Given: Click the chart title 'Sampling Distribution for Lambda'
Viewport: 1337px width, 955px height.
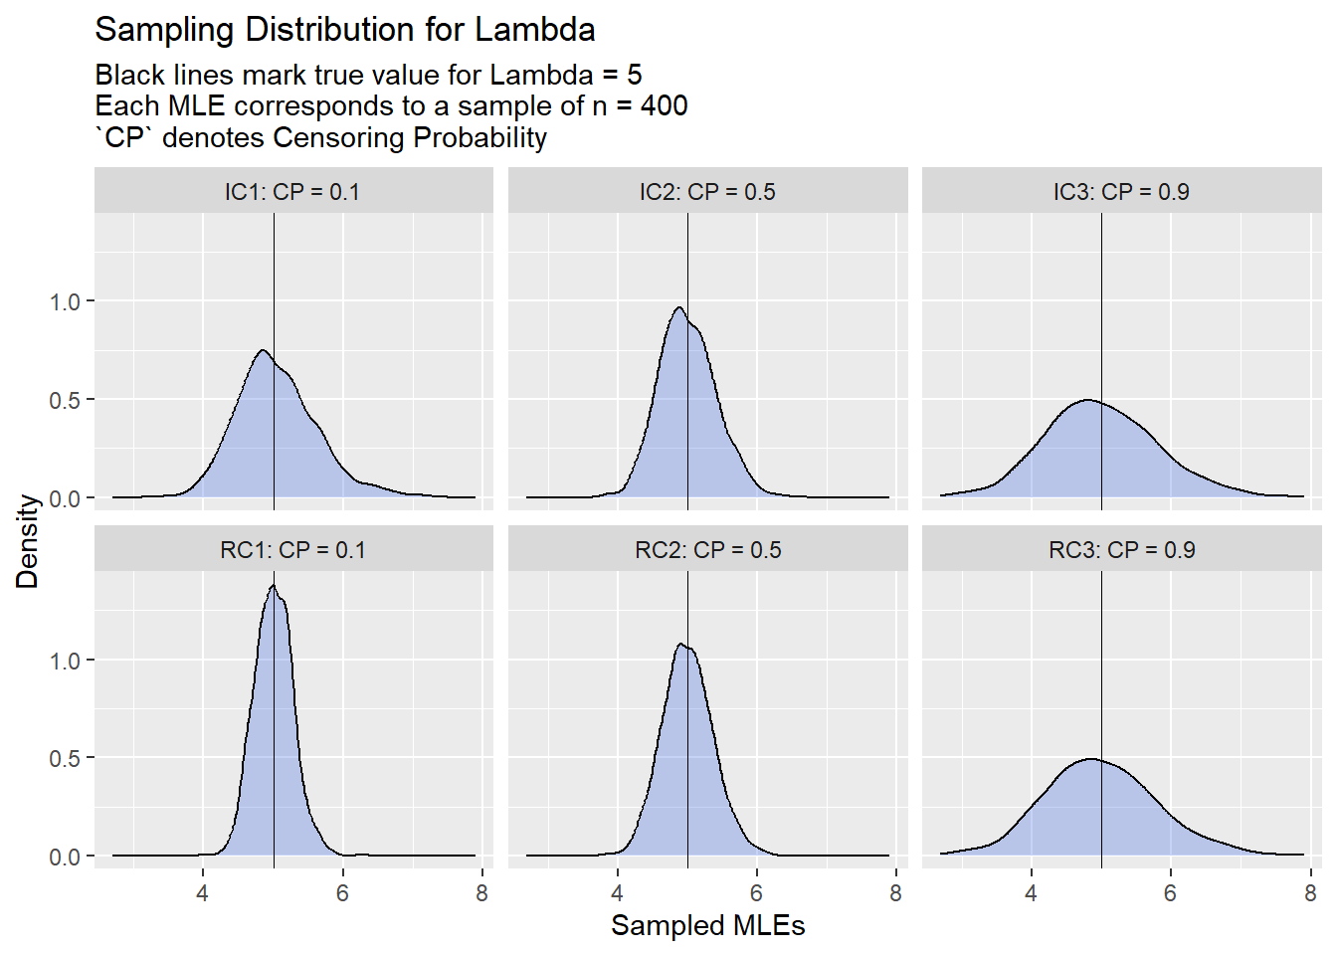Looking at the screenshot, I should pos(344,30).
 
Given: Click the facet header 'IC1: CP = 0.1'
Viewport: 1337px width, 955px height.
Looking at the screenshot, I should pos(292,192).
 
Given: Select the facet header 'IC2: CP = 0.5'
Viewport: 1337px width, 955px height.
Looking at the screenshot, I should pos(707,192).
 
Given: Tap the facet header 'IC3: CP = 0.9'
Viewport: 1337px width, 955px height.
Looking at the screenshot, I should pos(1121,192).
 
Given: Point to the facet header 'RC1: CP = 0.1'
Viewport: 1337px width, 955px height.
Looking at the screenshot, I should pos(292,550).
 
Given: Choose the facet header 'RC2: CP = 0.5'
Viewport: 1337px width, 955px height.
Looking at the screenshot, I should pos(707,550).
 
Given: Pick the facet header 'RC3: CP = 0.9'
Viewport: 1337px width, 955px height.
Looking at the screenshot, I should pos(1121,550).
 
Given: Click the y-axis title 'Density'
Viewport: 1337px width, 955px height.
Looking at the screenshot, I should pos(27,541).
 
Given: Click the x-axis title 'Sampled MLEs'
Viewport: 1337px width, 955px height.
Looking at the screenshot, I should pos(707,925).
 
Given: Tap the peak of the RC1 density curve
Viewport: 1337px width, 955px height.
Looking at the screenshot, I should pos(273,586).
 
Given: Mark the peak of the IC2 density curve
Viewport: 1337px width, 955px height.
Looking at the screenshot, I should pos(679,307).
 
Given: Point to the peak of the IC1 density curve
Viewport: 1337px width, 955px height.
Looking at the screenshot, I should pos(263,350).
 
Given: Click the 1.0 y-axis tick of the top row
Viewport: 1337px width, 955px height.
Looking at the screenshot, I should pos(66,301).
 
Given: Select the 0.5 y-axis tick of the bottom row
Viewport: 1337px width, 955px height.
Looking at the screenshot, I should pos(66,758).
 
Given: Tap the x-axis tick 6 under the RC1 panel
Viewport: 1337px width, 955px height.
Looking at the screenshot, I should pos(342,893).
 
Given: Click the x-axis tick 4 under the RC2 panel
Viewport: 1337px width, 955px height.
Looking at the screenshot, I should pos(617,893).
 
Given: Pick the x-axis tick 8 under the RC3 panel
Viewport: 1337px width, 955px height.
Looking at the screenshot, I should pos(1309,893).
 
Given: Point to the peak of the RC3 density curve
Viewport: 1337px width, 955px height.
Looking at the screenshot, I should pos(1090,759).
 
